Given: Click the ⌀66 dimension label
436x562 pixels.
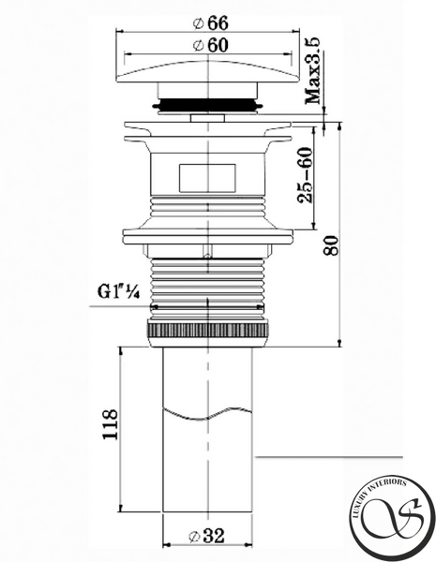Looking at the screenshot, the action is coord(210,23).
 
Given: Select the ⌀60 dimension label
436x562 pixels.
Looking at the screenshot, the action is coord(210,46).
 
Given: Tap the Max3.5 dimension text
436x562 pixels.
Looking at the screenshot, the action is coord(312,71).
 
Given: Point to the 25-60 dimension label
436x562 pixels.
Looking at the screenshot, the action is coord(305,175).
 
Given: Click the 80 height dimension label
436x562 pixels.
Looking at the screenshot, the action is coord(331,245).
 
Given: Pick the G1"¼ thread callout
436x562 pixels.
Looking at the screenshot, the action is coord(119,292).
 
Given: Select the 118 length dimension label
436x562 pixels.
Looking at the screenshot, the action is coord(110,424).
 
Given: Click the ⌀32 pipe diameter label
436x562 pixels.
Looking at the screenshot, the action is coord(206,536).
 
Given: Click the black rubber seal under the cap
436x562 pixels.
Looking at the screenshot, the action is coord(208,105).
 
